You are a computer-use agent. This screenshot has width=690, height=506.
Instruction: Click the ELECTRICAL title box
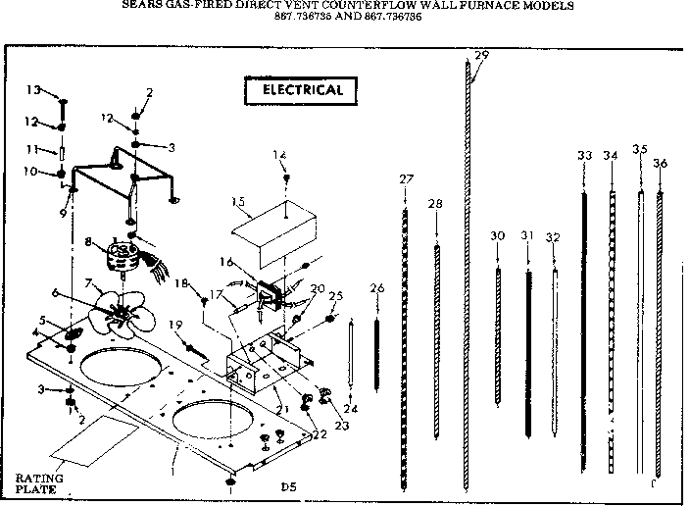[x=301, y=90]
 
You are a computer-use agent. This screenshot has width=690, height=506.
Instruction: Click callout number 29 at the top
[x=480, y=55]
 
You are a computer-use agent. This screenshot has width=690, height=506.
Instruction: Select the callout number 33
[x=585, y=155]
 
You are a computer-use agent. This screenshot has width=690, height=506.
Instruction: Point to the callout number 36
[x=661, y=163]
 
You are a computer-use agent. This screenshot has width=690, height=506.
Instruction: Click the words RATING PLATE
[x=40, y=482]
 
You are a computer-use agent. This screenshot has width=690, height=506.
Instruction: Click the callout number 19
[x=175, y=325]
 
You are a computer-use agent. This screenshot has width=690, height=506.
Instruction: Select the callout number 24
[x=350, y=408]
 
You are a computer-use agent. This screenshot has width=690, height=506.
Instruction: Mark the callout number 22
[x=320, y=434]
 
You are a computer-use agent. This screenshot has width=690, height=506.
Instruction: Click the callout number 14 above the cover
[x=279, y=155]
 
